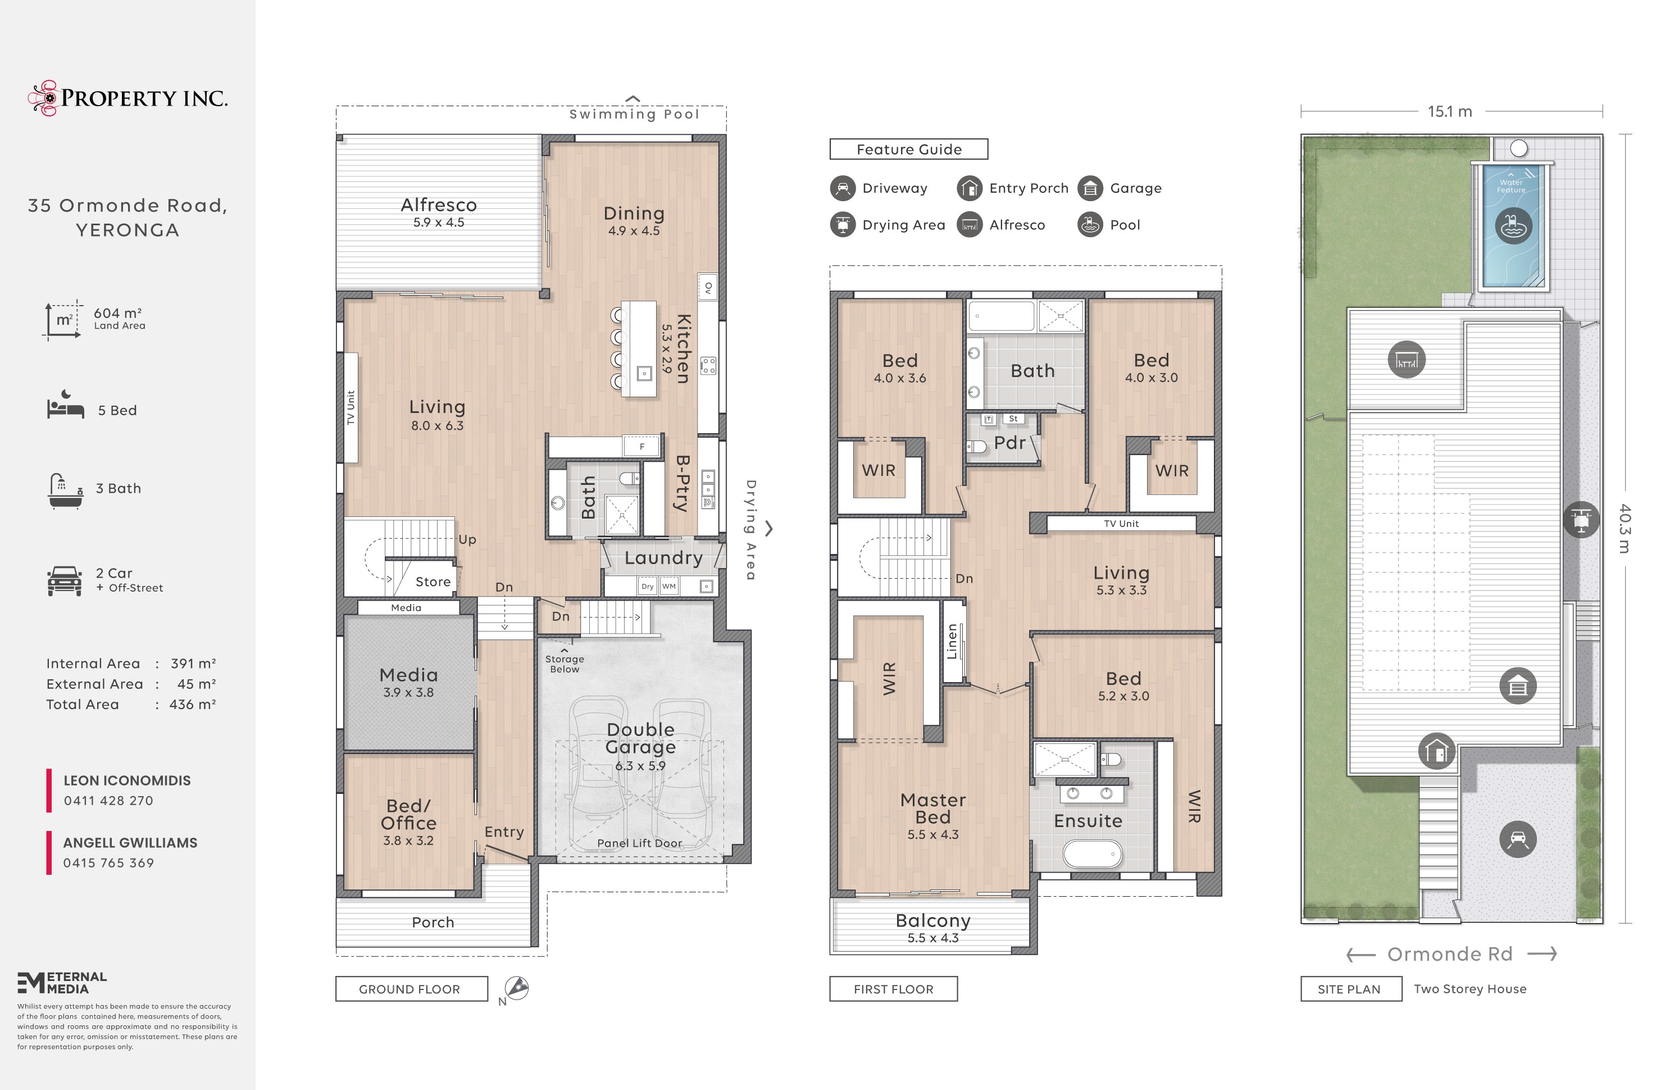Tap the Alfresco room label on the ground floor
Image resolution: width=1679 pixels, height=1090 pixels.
[x=439, y=205]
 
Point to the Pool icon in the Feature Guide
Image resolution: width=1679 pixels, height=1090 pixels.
[x=1090, y=225]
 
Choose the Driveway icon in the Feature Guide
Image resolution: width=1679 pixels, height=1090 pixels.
[x=843, y=188]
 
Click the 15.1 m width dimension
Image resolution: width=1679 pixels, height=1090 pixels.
[x=1450, y=111]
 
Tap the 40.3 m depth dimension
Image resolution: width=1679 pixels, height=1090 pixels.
[x=1625, y=528]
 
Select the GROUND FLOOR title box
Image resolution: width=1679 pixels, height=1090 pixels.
[x=411, y=988]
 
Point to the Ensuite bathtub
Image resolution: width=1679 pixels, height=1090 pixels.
[x=1092, y=853]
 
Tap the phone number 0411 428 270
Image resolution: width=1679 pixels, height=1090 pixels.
[x=108, y=801]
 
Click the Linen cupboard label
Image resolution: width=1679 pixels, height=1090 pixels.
[x=952, y=641]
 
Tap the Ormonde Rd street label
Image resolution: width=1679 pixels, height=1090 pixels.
[x=1450, y=954]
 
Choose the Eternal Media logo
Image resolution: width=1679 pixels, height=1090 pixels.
[x=62, y=983]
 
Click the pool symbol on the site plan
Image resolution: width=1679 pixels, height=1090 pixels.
[x=1513, y=226]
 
